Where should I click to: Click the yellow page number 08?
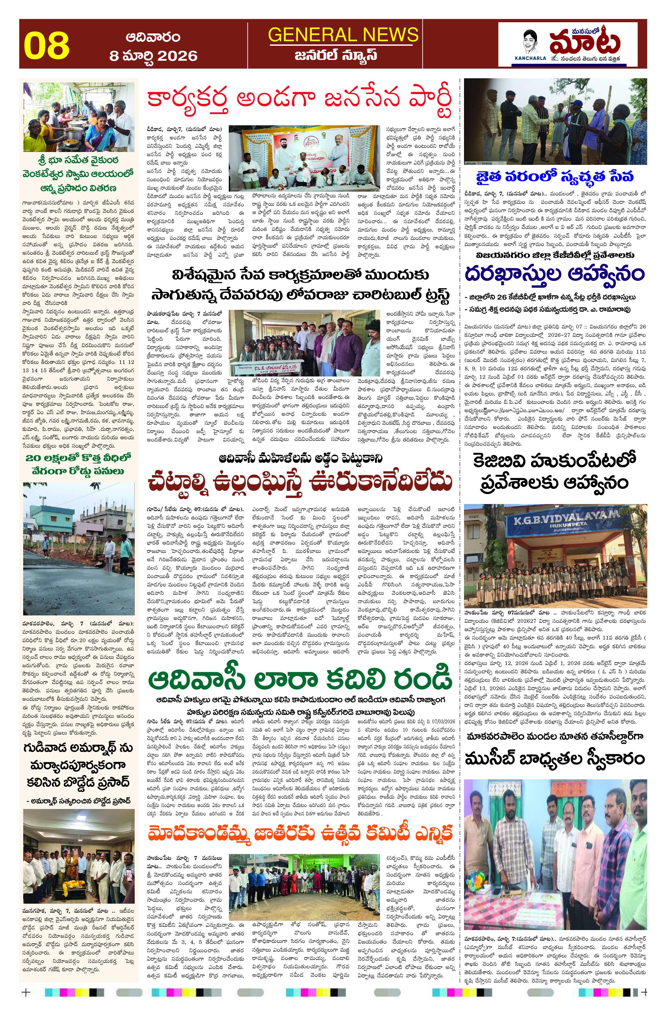tap(47, 45)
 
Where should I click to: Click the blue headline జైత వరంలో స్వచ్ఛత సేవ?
tap(554, 177)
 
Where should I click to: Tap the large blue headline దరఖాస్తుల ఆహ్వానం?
tap(554, 274)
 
